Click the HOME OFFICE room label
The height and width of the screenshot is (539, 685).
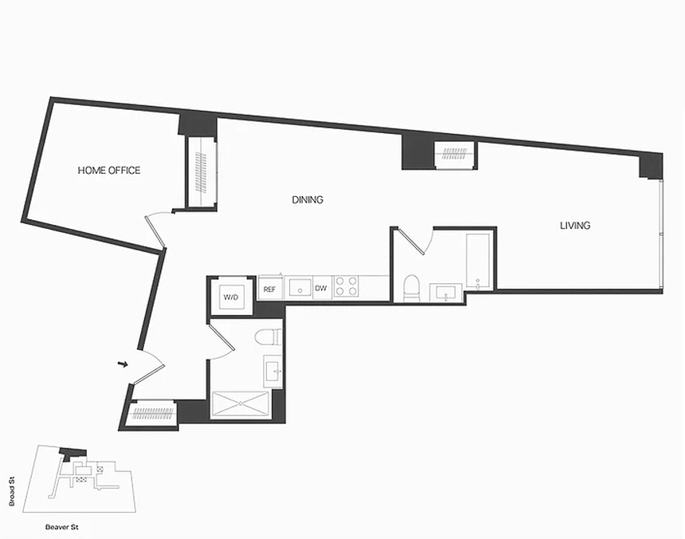[x=109, y=170]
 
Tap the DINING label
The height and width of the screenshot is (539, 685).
[x=307, y=200]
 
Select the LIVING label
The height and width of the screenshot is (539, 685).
[x=575, y=226]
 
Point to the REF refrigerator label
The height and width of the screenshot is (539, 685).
[x=269, y=289]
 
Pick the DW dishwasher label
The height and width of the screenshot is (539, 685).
[x=321, y=289]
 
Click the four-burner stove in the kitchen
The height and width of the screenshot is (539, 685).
[x=346, y=287]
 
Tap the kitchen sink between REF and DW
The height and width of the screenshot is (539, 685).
[x=300, y=287]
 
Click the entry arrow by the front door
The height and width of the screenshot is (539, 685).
[x=123, y=364]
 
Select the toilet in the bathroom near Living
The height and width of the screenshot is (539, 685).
[x=411, y=288]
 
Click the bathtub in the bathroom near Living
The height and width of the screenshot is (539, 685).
[x=479, y=261]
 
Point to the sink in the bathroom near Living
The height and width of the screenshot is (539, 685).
[x=445, y=293]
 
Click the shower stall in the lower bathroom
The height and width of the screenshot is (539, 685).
[x=241, y=405]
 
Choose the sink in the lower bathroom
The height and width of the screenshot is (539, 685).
[x=273, y=371]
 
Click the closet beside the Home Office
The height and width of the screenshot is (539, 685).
[x=202, y=173]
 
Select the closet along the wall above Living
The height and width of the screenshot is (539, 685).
[x=456, y=155]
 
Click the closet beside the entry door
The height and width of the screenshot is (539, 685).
[x=154, y=412]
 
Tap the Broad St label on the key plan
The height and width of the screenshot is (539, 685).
[x=12, y=491]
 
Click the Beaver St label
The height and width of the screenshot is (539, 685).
[x=61, y=527]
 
